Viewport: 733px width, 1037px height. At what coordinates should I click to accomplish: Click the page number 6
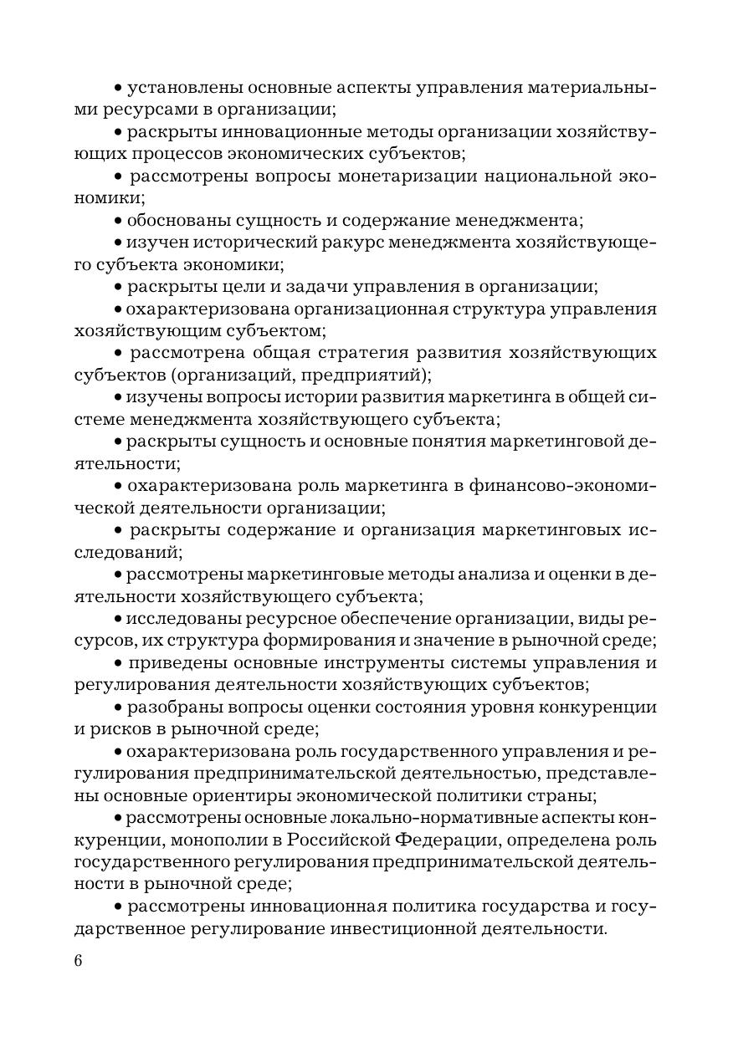[79, 960]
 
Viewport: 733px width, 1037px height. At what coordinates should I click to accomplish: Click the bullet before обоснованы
[118, 222]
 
